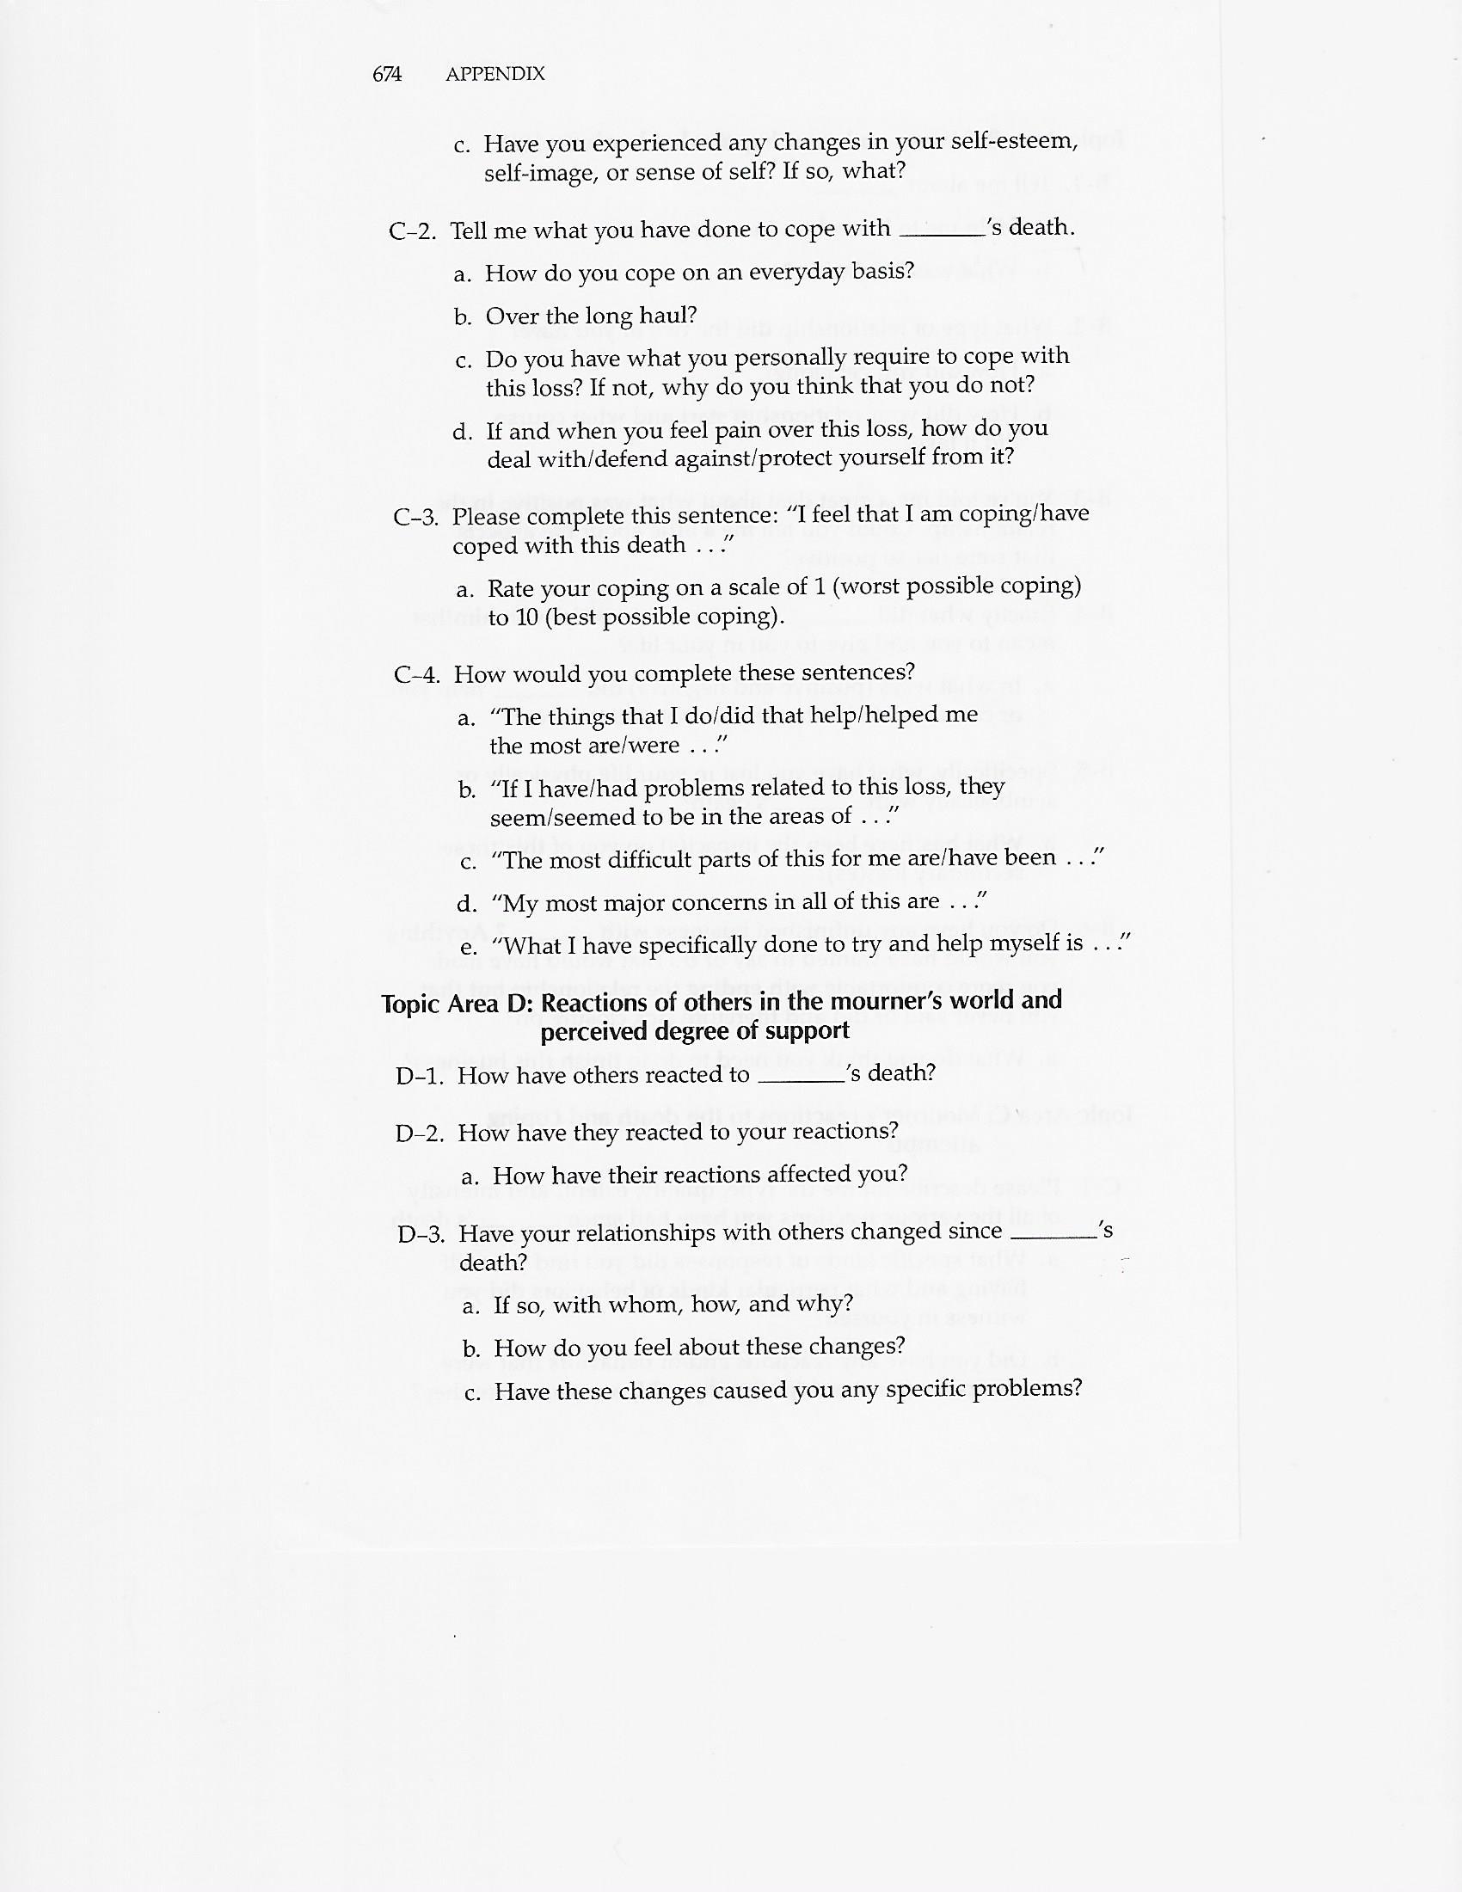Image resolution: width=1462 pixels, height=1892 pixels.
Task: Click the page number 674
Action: (x=387, y=75)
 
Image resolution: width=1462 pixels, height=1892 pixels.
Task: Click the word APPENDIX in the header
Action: (x=494, y=75)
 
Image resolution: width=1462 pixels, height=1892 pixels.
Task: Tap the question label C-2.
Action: (x=412, y=232)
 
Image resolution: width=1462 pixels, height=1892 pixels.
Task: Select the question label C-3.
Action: (x=415, y=518)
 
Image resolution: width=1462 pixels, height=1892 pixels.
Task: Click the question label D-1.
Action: (x=420, y=1077)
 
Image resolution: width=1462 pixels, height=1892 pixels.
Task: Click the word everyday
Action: (x=796, y=272)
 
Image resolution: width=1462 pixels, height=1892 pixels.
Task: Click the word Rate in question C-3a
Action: (x=510, y=590)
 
